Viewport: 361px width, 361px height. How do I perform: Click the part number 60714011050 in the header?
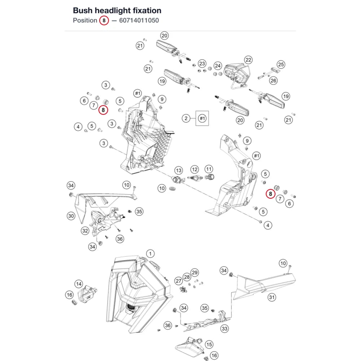139,21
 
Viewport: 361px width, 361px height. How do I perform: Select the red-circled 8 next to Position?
104,21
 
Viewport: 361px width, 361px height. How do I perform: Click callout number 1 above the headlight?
150,254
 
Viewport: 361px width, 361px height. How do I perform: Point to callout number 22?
248,60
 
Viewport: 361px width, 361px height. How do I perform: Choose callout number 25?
281,65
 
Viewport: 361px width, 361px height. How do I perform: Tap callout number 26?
273,81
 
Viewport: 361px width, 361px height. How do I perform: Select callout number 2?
186,118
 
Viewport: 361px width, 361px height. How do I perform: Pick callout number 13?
179,171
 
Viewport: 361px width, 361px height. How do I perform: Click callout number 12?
195,170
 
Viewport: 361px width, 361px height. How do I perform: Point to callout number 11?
209,169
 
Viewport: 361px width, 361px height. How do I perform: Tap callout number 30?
71,216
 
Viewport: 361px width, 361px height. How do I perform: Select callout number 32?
85,231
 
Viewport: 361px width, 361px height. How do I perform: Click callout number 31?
272,297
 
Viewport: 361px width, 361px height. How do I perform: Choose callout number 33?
225,329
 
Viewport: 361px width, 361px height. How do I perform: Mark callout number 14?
79,284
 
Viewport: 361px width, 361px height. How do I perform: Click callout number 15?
209,344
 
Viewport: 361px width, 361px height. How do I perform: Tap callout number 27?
179,281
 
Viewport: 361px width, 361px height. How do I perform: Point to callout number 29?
195,273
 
